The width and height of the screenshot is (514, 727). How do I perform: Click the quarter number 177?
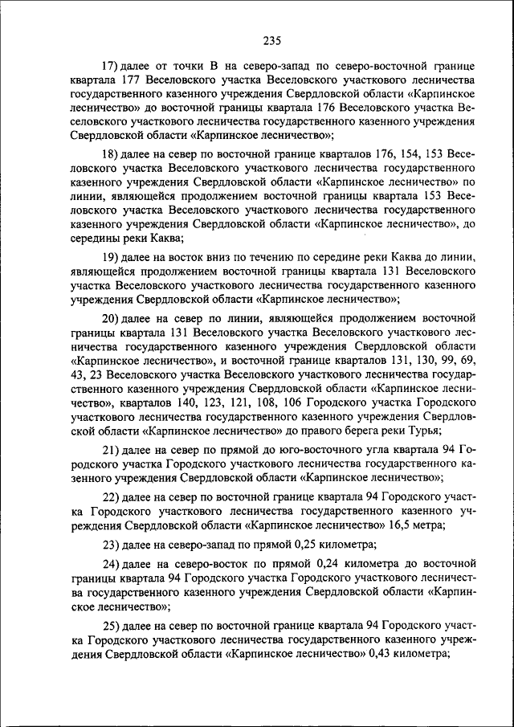click(x=132, y=81)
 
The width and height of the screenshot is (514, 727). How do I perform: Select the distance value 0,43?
click(x=374, y=655)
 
